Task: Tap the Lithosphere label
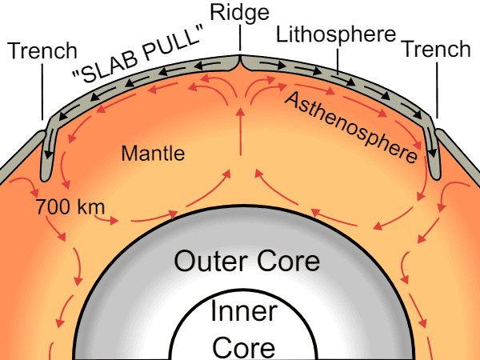(336, 35)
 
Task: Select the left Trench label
(42, 50)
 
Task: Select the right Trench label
(437, 49)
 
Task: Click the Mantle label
(153, 153)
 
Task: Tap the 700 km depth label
(70, 206)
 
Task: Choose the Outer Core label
(246, 261)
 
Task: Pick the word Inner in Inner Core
(244, 311)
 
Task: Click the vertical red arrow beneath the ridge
(241, 132)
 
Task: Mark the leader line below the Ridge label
(240, 38)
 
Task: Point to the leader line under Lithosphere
(338, 62)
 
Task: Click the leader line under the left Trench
(42, 92)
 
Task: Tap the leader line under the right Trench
(437, 90)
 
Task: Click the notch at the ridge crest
(240, 62)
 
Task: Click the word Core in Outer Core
(288, 261)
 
